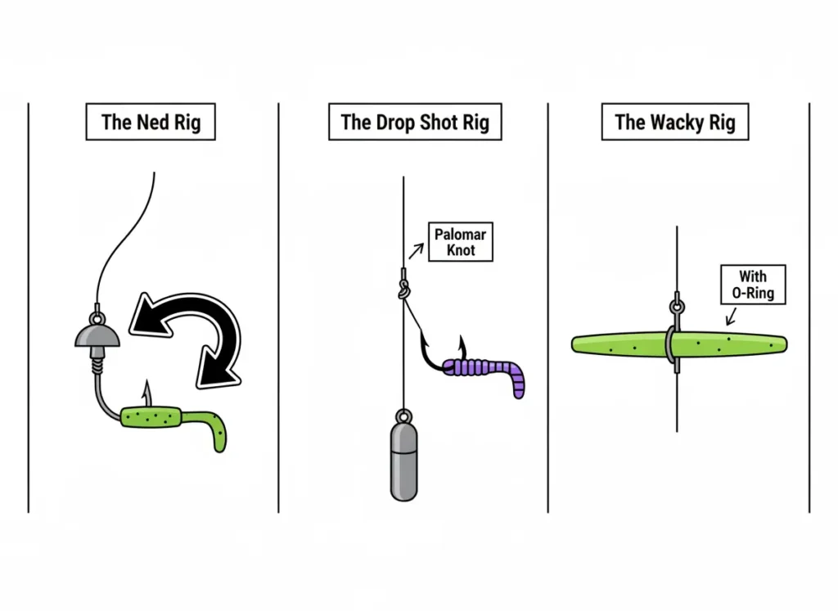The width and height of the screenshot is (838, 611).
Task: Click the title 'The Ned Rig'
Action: tap(150, 123)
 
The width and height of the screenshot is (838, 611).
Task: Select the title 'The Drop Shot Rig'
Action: tap(414, 123)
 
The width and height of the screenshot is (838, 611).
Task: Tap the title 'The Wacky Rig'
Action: tap(674, 123)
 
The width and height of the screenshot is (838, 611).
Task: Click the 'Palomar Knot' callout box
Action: tap(460, 242)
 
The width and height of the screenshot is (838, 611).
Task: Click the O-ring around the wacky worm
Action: tap(670, 345)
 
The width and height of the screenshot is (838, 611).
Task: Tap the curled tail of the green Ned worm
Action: tap(218, 433)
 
